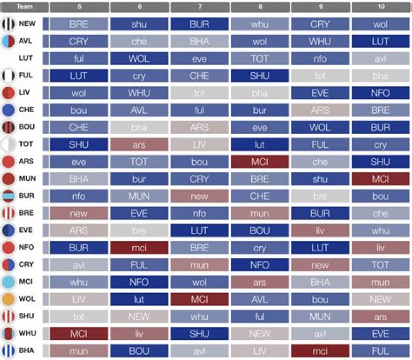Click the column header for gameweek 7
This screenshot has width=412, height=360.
[x=200, y=7]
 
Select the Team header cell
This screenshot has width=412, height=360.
[x=24, y=7]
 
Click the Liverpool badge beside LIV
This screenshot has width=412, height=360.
[x=9, y=93]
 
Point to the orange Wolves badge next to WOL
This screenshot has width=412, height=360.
[x=9, y=299]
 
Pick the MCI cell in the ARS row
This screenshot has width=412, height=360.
[x=260, y=162]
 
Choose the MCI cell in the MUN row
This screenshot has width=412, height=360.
[x=381, y=179]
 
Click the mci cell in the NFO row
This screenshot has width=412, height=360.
[x=139, y=248]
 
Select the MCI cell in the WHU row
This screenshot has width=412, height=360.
[x=78, y=334]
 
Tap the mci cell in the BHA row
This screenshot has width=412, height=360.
[x=320, y=351]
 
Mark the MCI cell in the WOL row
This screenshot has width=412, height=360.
[x=200, y=299]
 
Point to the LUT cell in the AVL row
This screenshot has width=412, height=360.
[x=381, y=41]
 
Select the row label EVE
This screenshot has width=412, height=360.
[x=26, y=230]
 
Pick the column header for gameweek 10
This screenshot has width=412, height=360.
[x=381, y=7]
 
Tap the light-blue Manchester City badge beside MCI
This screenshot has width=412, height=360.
[x=9, y=282]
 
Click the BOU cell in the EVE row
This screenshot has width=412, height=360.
[x=260, y=231]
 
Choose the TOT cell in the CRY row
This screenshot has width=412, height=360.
[x=381, y=265]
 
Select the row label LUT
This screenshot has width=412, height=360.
[x=26, y=58]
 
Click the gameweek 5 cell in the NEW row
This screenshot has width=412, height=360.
[x=78, y=24]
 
